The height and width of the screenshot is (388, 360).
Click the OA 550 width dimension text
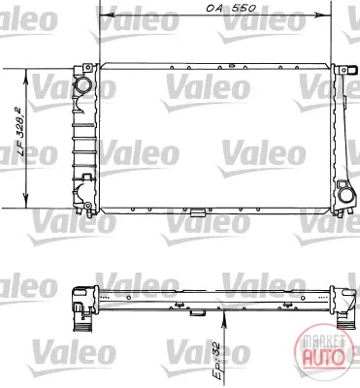point(231,8)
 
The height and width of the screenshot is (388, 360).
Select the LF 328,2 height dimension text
point(21,133)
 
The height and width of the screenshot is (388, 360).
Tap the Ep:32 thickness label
point(215,360)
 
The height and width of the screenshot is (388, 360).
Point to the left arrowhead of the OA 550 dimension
point(107,16)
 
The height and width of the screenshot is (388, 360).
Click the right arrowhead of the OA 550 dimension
point(325,16)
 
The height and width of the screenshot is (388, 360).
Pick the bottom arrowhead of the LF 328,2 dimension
point(26,202)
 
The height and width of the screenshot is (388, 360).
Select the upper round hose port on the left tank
point(84,86)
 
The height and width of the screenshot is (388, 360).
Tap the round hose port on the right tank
point(345,195)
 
